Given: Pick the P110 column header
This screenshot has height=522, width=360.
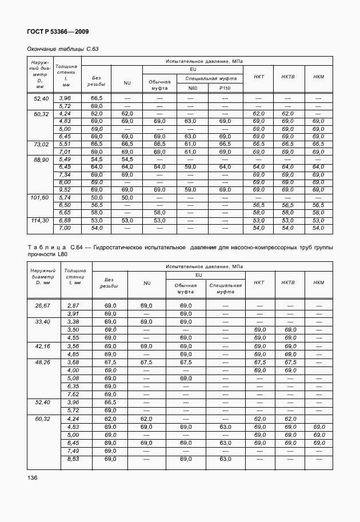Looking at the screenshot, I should click(x=225, y=88).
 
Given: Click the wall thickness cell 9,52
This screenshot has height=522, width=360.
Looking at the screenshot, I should click(x=65, y=189).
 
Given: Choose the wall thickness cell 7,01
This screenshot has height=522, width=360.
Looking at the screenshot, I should click(x=65, y=152).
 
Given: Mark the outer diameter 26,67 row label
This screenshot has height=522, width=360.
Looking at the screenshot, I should click(x=43, y=306).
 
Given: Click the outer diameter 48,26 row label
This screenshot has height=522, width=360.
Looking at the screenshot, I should click(x=43, y=362).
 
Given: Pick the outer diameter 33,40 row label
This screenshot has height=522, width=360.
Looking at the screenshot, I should click(x=43, y=322).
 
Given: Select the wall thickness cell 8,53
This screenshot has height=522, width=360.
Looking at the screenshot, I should click(x=73, y=459).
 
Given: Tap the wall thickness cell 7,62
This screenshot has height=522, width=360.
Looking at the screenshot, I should click(x=73, y=394).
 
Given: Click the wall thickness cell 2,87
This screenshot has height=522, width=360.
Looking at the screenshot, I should click(x=73, y=306).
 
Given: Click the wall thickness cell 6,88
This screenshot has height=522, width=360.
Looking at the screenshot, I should click(x=65, y=220).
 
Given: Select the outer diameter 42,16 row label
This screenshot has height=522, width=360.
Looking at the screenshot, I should click(x=43, y=346).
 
